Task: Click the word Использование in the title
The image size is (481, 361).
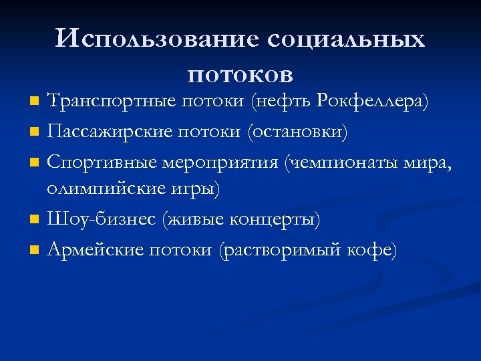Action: coord(156,39)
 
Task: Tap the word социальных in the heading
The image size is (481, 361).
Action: coord(345,39)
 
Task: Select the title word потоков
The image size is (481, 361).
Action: coord(240,70)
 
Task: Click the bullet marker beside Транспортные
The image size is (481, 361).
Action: coord(36,102)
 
